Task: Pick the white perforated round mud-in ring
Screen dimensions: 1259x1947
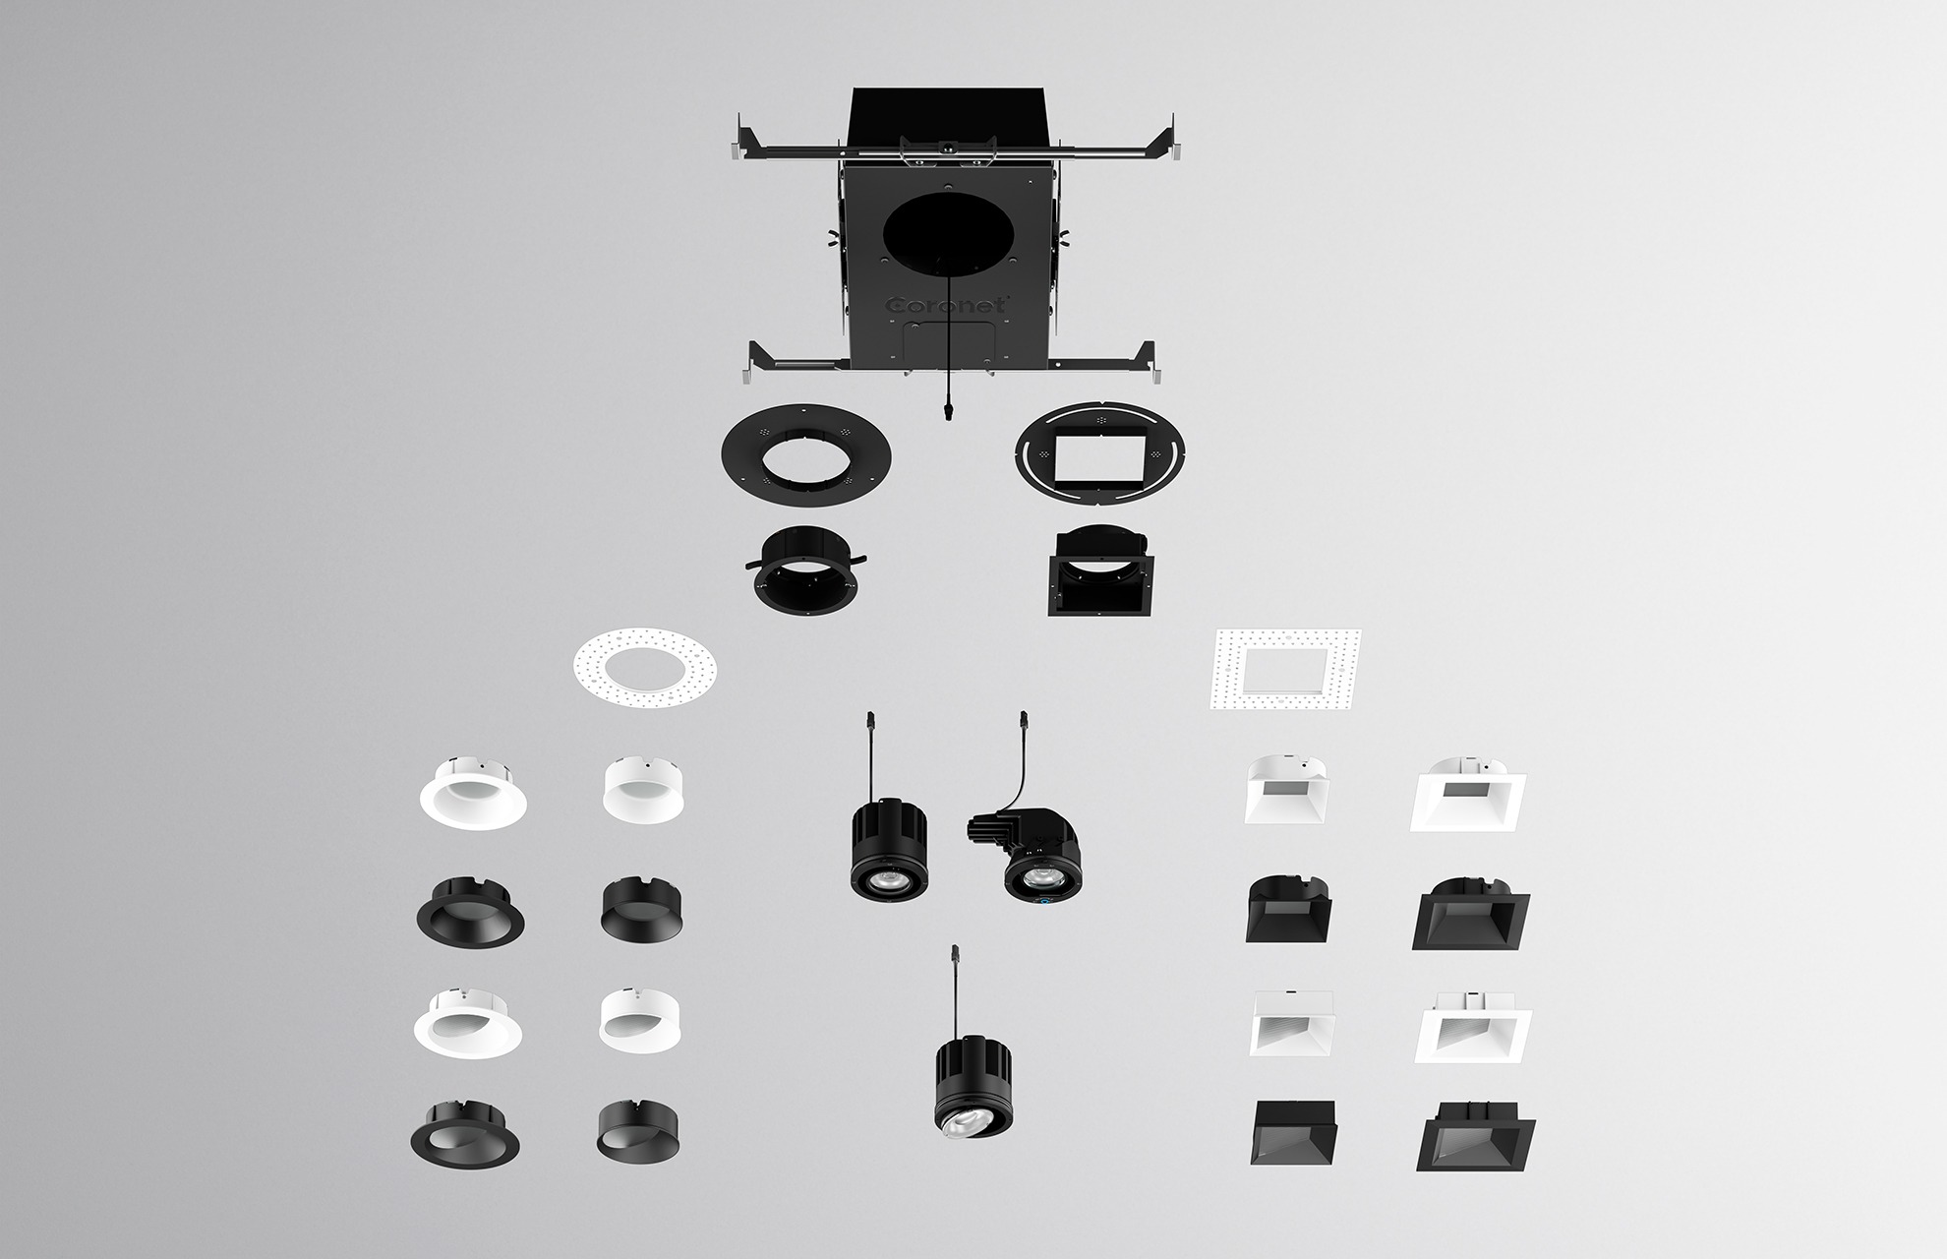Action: pyautogui.click(x=644, y=670)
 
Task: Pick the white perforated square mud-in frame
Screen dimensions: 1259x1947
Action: pyautogui.click(x=1284, y=670)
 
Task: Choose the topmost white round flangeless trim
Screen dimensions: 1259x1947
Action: pyautogui.click(x=643, y=789)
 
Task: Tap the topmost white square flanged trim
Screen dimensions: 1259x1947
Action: pyautogui.click(x=1468, y=795)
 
